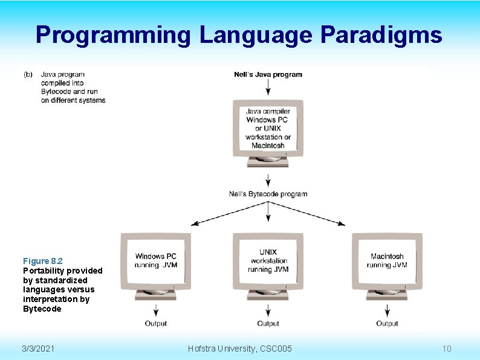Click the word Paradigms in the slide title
381,35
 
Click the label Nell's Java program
268,75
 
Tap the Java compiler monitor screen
268,128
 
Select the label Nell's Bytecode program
268,194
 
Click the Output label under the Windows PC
156,324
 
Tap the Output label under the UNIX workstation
268,324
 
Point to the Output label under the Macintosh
387,324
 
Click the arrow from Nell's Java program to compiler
268,88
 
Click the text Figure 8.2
43,261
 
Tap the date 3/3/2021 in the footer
38,349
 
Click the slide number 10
447,349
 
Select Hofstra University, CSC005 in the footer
240,349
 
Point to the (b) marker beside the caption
28,74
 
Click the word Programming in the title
112,35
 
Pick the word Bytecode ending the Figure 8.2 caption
42,309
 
